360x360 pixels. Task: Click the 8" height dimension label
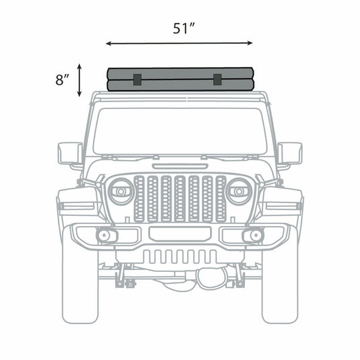click(x=63, y=79)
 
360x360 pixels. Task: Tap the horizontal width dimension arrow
click(x=180, y=44)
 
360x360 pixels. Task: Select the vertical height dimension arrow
click(x=80, y=79)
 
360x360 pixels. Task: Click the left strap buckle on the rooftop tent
click(x=135, y=79)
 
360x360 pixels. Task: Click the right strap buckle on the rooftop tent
click(x=217, y=79)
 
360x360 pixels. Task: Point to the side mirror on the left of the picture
click(x=69, y=153)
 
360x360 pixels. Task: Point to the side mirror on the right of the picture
click(x=290, y=153)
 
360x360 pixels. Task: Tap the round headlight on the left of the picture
click(x=121, y=192)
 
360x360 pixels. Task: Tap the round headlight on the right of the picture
click(x=238, y=192)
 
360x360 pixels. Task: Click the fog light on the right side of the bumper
click(x=254, y=236)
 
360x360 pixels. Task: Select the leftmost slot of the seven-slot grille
click(x=139, y=199)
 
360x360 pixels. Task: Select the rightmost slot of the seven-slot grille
click(x=220, y=199)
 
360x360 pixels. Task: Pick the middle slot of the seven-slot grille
click(x=180, y=199)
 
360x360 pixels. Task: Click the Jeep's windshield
click(x=180, y=131)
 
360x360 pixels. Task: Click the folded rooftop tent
click(x=180, y=79)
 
